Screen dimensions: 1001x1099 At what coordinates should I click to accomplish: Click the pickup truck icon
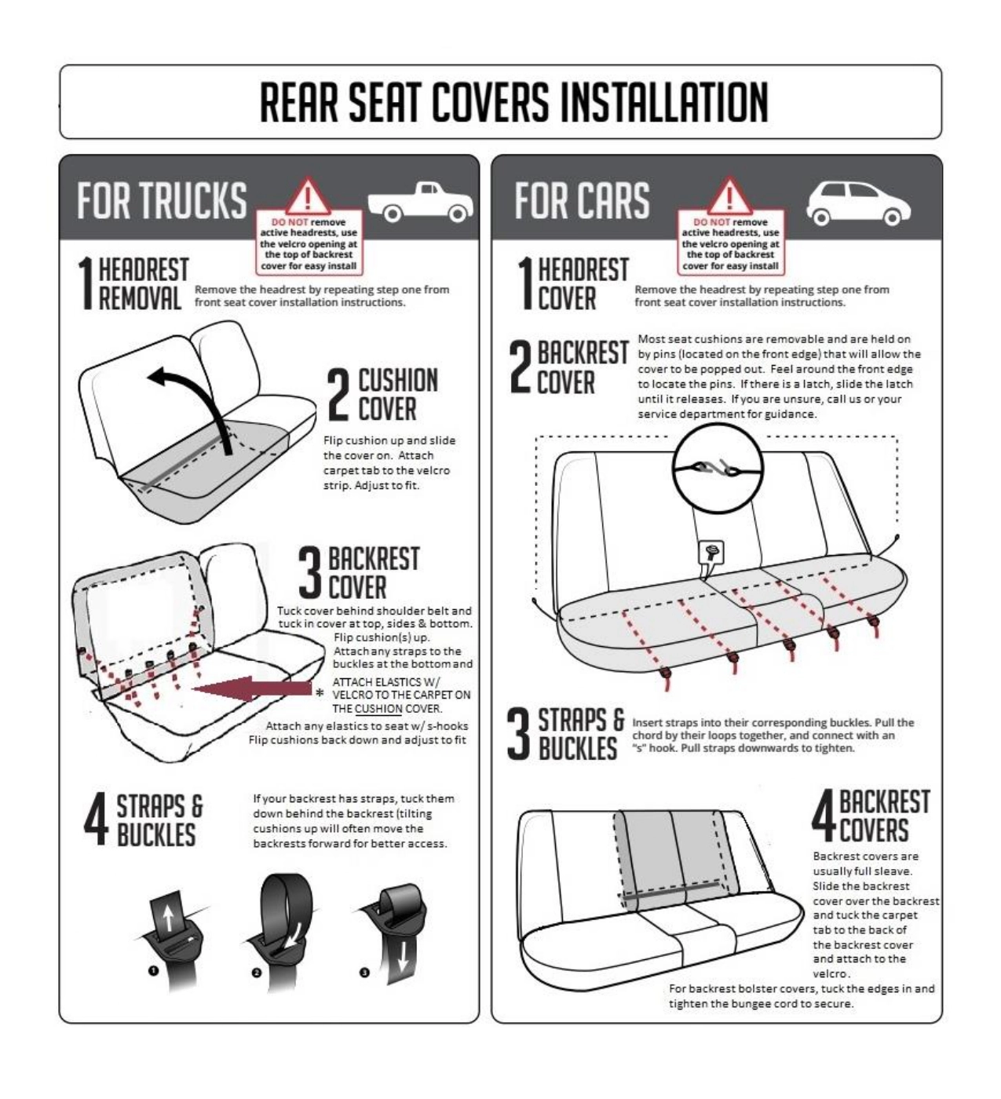(420, 202)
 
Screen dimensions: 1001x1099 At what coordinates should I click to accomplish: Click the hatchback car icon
(858, 203)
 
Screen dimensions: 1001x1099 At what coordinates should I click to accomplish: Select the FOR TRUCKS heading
(162, 200)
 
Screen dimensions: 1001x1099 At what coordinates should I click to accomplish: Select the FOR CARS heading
(583, 200)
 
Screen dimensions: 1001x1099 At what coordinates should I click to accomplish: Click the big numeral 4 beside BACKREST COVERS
(824, 817)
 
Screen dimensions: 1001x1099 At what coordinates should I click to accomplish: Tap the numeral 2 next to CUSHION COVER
(338, 394)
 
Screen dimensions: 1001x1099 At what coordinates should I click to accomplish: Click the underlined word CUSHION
(378, 709)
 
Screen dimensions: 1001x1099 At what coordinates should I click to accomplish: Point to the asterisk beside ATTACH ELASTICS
(320, 693)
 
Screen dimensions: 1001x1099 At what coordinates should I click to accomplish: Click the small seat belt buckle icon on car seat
(711, 553)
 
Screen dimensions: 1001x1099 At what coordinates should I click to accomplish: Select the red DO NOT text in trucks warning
(290, 222)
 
